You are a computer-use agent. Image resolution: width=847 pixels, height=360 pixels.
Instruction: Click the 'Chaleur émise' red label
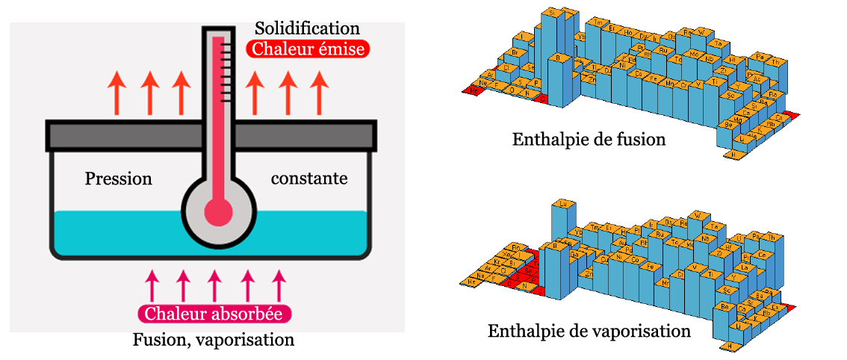click(x=308, y=49)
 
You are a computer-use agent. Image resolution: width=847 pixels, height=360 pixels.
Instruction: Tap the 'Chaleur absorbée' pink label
click(x=214, y=314)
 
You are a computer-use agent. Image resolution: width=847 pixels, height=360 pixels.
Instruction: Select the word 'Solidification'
click(x=307, y=29)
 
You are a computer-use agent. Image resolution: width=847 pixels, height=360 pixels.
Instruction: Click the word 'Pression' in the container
click(x=119, y=179)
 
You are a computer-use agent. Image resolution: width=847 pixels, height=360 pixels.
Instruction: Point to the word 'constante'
click(x=308, y=179)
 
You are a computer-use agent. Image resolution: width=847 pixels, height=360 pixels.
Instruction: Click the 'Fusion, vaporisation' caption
click(x=214, y=340)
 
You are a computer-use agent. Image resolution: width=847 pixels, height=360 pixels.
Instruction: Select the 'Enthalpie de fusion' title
click(x=589, y=139)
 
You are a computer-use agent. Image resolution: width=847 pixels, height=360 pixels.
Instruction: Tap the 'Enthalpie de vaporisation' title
click(x=589, y=330)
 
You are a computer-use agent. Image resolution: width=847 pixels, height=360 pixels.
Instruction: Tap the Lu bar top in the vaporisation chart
click(x=564, y=203)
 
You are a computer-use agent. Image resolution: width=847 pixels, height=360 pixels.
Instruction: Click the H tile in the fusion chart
click(x=734, y=154)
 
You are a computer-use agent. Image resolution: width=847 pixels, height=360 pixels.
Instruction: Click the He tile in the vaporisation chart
click(x=471, y=281)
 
